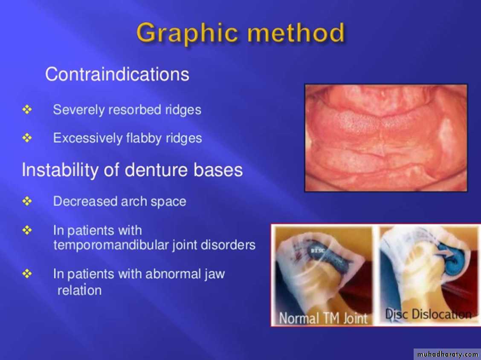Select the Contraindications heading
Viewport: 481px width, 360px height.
pos(117,74)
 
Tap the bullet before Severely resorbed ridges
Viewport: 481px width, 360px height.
pos(27,109)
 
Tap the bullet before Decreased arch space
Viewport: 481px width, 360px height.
pos(27,201)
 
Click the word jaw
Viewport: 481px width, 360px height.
pos(214,274)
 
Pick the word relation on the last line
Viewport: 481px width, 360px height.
pos(79,290)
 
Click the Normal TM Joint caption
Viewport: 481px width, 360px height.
pos(323,318)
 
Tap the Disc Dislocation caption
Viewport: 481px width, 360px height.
pos(428,314)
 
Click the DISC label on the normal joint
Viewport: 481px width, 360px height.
pos(316,251)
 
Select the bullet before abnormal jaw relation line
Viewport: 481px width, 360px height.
pos(27,274)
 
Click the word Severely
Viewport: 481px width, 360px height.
pos(76,110)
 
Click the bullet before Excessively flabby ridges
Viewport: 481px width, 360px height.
pos(27,138)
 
